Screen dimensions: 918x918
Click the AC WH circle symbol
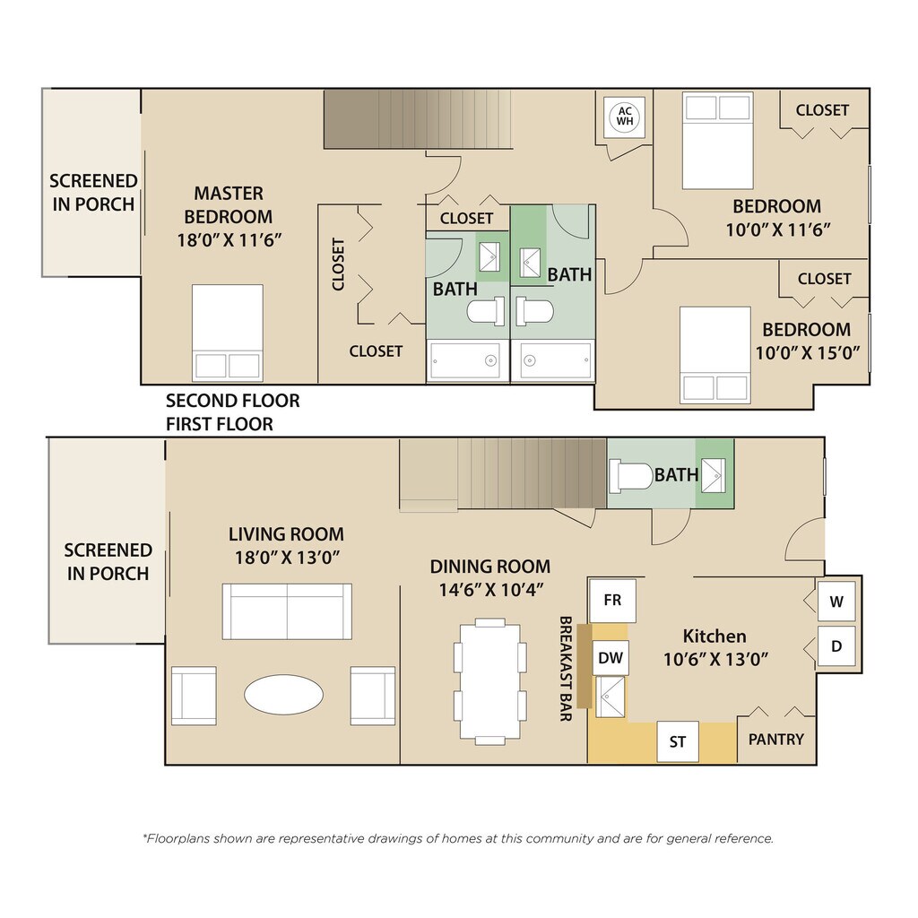click(x=625, y=116)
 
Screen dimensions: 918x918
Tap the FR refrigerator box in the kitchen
click(x=612, y=600)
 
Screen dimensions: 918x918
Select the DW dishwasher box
click(x=610, y=657)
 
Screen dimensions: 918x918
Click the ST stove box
click(x=678, y=741)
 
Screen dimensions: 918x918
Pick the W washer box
click(x=836, y=602)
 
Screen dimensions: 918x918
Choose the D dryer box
click(x=836, y=646)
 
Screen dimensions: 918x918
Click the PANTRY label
click(x=775, y=740)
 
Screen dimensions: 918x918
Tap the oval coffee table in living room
click(x=283, y=695)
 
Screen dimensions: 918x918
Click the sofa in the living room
click(x=287, y=611)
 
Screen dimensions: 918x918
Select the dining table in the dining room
click(x=490, y=681)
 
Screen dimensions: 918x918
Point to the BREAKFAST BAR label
click(x=566, y=669)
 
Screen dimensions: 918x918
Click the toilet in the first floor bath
click(x=630, y=475)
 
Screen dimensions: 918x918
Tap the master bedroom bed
click(x=227, y=333)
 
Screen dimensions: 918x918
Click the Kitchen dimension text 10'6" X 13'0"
click(x=714, y=660)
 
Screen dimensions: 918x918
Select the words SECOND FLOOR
click(x=232, y=401)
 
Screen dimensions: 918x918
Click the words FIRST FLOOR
click(x=219, y=424)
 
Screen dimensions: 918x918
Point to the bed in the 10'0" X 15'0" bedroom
click(x=714, y=355)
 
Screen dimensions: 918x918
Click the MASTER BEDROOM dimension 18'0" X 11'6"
click(x=229, y=240)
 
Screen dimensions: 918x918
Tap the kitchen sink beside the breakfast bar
click(x=610, y=697)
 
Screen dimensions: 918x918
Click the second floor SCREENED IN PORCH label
click(x=93, y=193)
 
